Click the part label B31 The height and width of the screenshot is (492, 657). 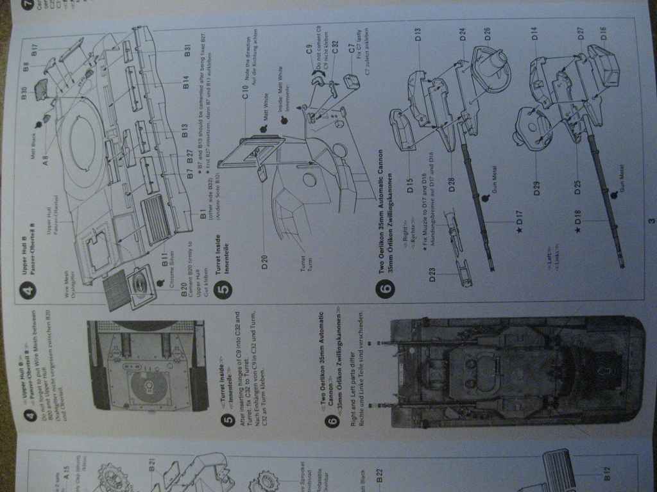[187, 51]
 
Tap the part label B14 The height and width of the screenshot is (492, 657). [185, 83]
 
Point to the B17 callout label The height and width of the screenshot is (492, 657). [35, 48]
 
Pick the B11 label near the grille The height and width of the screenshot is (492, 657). [164, 259]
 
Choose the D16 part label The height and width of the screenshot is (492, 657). [603, 34]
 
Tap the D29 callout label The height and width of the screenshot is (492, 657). [536, 188]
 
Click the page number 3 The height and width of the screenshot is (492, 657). [651, 222]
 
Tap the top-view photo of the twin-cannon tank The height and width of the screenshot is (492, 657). [516, 372]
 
